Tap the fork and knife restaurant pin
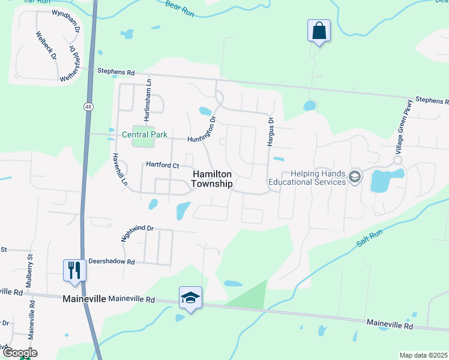pyautogui.click(x=74, y=269)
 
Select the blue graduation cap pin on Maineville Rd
pyautogui.click(x=190, y=297)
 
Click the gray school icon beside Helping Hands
pyautogui.click(x=355, y=177)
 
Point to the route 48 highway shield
pyautogui.click(x=88, y=106)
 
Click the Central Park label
pyautogui.click(x=144, y=134)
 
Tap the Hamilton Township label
pyautogui.click(x=212, y=179)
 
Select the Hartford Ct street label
pyautogui.click(x=163, y=165)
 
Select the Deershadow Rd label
pyautogui.click(x=112, y=262)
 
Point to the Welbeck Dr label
pyautogui.click(x=46, y=46)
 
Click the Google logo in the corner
pyautogui.click(x=19, y=353)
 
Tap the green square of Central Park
pyautogui.click(x=142, y=142)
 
